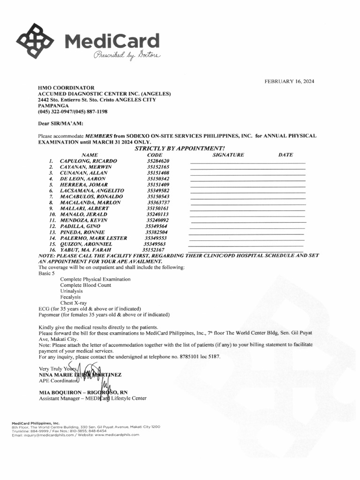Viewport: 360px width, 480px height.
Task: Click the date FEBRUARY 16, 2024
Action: tap(289, 81)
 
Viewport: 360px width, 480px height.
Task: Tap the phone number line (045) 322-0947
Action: tap(73, 112)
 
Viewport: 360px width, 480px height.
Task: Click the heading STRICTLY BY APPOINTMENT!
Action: tap(180, 149)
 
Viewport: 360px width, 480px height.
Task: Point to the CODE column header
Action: tap(154, 155)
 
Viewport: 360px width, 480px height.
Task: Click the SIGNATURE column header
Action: tap(228, 155)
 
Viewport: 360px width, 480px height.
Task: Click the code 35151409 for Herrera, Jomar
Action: tap(158, 185)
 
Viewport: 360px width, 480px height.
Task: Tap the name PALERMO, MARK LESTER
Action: tap(93, 238)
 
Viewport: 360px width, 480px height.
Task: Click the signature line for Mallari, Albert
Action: tap(247, 209)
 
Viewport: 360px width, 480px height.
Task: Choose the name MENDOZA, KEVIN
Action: tap(84, 220)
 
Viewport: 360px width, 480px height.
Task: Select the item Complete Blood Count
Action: tap(85, 285)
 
